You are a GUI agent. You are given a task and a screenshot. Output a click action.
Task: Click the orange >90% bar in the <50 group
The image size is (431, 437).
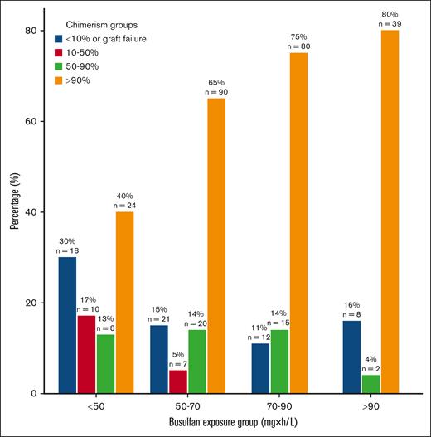124,303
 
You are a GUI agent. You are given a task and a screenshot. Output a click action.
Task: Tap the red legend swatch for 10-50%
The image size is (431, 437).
58,52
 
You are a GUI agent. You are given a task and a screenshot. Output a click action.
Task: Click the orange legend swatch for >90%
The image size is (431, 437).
58,81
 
